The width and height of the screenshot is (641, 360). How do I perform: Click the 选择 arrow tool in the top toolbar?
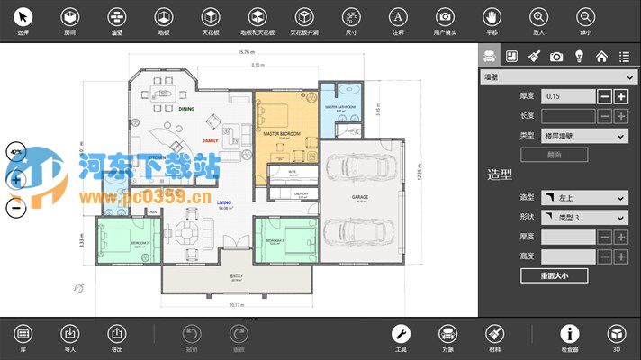click(23, 17)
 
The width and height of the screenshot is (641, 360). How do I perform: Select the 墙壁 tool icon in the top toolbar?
click(116, 17)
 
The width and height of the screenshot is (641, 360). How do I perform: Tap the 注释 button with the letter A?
click(397, 17)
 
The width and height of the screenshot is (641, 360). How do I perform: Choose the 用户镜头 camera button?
click(444, 17)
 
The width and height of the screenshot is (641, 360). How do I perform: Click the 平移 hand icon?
click(491, 17)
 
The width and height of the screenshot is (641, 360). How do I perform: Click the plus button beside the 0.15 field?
click(621, 96)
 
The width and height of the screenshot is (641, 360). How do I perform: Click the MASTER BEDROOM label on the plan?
click(281, 132)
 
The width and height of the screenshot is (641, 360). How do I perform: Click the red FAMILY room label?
click(211, 141)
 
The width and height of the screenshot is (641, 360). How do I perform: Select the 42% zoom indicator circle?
click(15, 153)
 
